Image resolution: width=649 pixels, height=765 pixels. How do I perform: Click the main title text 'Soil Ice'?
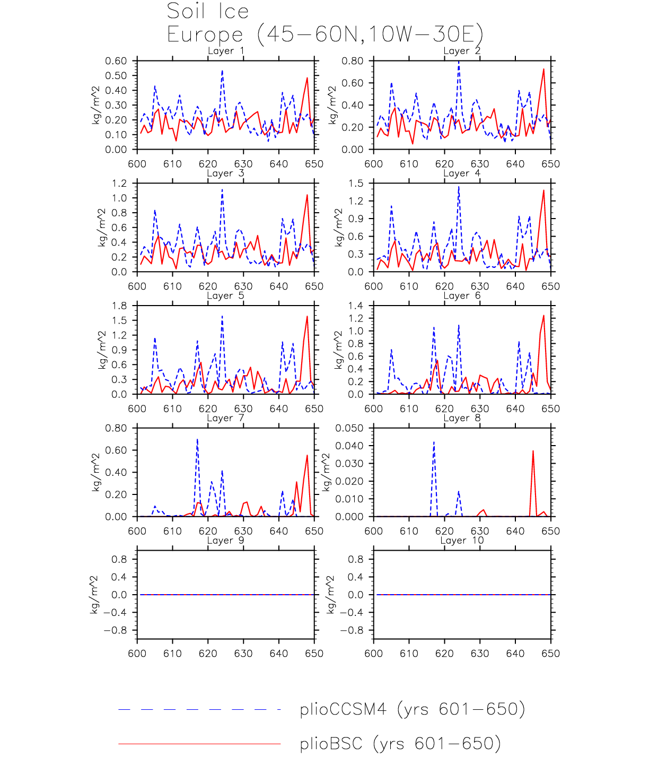coord(207,12)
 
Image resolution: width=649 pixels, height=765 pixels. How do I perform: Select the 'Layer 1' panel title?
coord(226,51)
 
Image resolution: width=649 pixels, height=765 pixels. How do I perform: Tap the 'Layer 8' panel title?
coord(462,418)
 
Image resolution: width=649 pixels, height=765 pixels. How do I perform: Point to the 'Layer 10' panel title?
coord(462,541)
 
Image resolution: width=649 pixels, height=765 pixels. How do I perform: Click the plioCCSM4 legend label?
coord(412,709)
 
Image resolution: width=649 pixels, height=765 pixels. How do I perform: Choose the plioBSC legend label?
coord(400,744)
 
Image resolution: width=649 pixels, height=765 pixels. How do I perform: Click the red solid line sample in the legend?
coord(199,744)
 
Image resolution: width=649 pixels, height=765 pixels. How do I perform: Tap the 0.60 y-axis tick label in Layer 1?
coord(116,61)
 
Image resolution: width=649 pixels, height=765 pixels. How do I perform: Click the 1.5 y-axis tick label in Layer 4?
coord(356,184)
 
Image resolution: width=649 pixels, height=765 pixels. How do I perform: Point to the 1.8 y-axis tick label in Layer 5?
coord(120,306)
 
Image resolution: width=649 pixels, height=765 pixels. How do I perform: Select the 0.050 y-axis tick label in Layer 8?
coord(349,428)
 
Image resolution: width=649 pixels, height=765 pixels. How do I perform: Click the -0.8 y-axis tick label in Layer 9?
coord(117,630)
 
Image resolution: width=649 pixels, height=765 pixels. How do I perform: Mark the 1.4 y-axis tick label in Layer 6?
coord(356,306)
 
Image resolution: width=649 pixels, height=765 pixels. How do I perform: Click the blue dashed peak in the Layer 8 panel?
coord(434,442)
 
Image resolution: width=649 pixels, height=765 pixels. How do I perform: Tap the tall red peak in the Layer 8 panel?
coord(533,451)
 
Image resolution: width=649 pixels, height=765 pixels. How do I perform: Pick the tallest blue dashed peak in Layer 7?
coord(197,440)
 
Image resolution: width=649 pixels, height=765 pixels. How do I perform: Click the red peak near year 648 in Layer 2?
coord(543,69)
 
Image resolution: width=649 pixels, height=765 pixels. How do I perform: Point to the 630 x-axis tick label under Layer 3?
coord(243,286)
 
